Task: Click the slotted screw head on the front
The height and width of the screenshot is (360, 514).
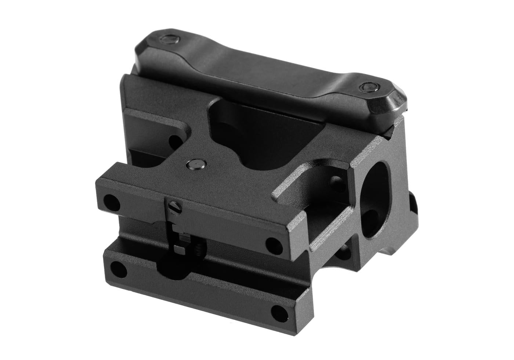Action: coord(174,208)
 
